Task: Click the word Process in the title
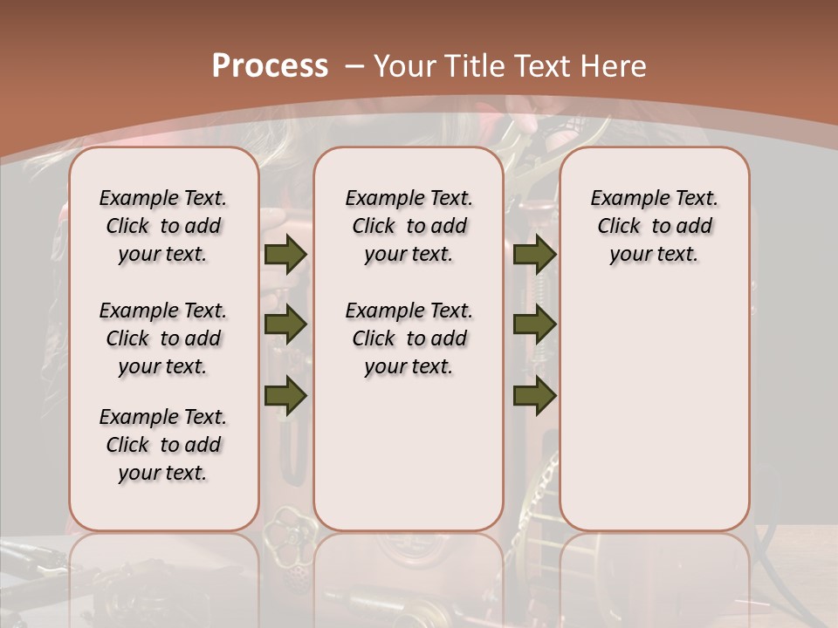(270, 66)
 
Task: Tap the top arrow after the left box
(285, 255)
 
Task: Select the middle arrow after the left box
(285, 325)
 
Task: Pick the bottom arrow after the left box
(285, 395)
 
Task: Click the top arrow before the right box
(535, 255)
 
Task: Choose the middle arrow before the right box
(535, 325)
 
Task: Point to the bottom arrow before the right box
(535, 395)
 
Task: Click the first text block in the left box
(163, 226)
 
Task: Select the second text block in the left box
(163, 338)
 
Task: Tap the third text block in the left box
(163, 445)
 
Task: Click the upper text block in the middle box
(409, 226)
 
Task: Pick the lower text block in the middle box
(409, 338)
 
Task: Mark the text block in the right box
(654, 226)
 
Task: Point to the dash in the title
(354, 66)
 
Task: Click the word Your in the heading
(405, 66)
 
